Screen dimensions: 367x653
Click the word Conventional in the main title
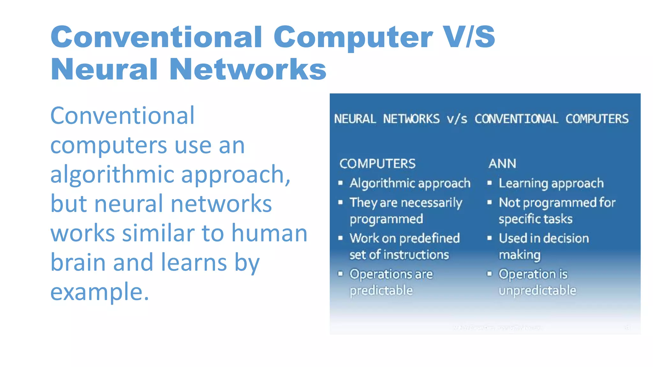(156, 37)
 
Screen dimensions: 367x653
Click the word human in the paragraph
(269, 233)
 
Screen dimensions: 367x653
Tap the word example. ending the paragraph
(99, 292)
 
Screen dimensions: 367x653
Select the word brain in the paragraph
(78, 262)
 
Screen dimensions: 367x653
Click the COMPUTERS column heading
(377, 164)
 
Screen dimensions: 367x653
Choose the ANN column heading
(502, 164)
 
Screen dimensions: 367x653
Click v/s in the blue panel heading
(457, 119)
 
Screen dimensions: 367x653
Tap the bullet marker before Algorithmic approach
(341, 183)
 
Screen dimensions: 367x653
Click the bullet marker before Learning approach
(489, 183)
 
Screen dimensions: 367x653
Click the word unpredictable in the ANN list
(537, 290)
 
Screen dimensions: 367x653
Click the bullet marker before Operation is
(489, 273)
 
